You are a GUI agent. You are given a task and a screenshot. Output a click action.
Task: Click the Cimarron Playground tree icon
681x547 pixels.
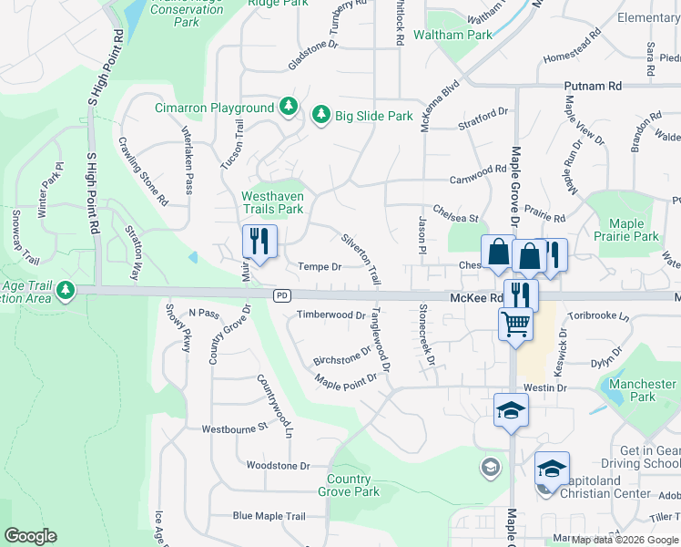(289, 108)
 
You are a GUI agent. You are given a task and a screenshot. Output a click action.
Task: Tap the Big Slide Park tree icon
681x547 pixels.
(320, 116)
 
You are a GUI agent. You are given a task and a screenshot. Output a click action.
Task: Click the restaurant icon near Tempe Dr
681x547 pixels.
(259, 242)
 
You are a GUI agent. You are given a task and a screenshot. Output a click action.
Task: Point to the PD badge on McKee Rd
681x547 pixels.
(282, 296)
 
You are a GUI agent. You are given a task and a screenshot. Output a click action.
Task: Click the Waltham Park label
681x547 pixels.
(452, 35)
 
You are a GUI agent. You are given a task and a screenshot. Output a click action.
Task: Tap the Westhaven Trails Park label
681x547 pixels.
(271, 201)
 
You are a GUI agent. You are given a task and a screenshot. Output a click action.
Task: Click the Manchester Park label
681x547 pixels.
(643, 390)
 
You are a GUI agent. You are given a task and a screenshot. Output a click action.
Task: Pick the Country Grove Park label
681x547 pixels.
(349, 485)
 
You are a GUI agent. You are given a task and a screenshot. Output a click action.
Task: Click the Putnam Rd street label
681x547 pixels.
(592, 86)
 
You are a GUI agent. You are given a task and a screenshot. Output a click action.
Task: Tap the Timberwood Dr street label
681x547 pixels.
(330, 315)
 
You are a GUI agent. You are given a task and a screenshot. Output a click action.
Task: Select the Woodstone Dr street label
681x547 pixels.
(279, 465)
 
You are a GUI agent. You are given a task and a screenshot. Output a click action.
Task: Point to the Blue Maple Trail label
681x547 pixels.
(269, 516)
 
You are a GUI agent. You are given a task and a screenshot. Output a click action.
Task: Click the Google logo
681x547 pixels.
(30, 536)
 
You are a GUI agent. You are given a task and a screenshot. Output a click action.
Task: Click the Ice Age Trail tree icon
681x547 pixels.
(65, 291)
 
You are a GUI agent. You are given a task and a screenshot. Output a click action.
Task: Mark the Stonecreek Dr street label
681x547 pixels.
(425, 333)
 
